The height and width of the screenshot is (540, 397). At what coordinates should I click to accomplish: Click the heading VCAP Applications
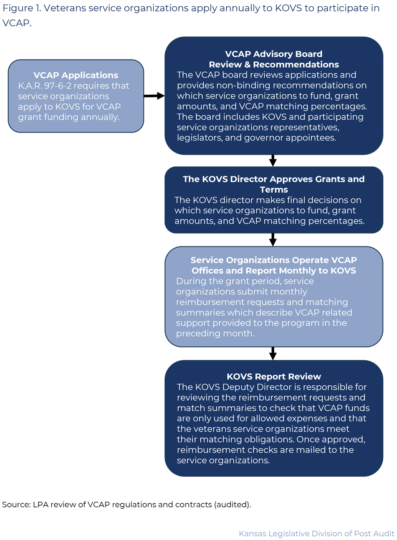coord(76,75)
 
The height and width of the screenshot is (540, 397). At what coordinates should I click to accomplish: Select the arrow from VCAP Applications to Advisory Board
coord(154,96)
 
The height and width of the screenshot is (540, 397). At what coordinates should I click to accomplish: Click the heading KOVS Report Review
coord(274,377)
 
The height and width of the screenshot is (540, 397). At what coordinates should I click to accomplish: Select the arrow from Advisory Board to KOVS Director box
coord(273,161)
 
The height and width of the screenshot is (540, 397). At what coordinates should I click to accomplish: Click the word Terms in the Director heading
coord(274,190)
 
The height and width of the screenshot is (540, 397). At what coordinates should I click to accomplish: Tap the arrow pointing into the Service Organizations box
coord(273,240)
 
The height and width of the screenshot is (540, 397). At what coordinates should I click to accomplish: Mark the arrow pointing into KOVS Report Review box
coord(273,353)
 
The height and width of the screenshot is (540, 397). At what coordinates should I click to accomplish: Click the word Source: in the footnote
coord(16,505)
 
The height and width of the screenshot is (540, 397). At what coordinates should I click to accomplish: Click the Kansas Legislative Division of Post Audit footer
coord(316,534)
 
